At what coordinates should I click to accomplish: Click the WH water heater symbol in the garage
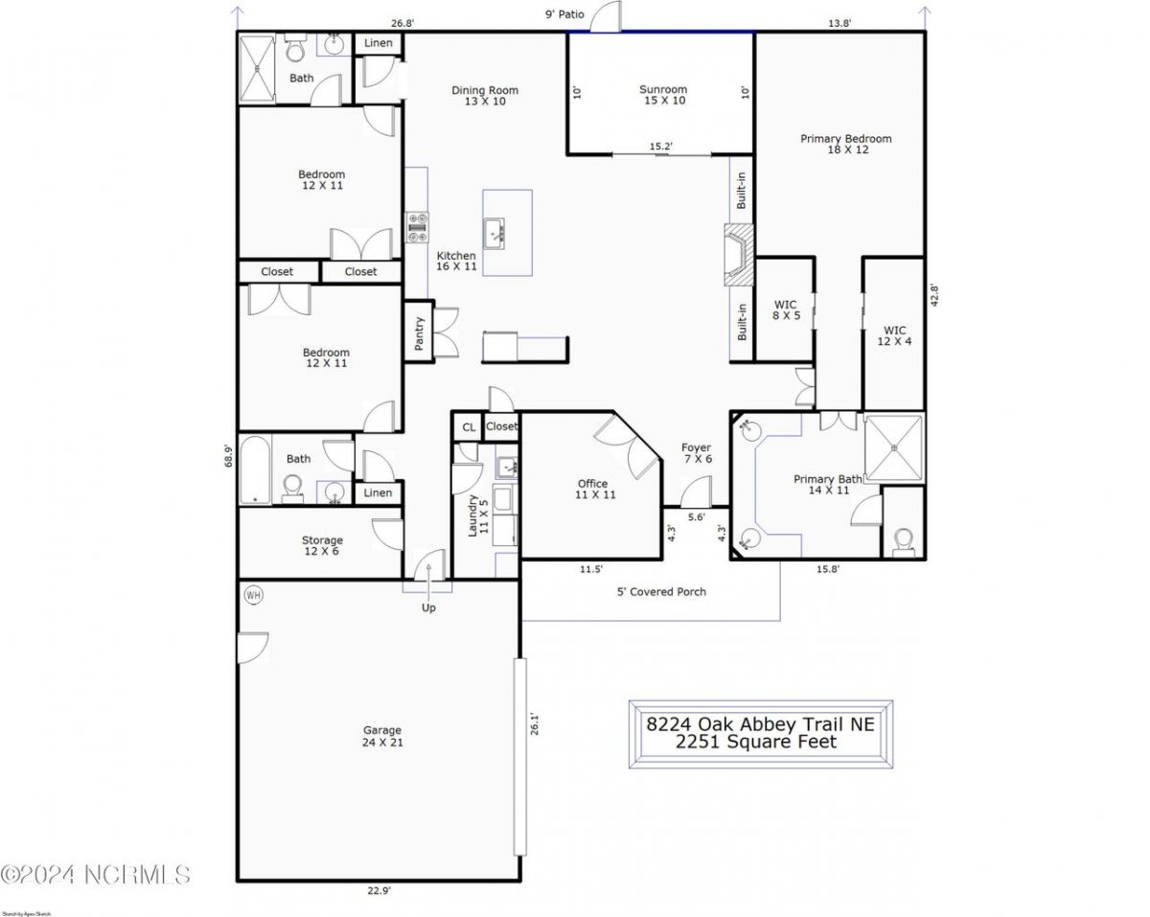(x=253, y=595)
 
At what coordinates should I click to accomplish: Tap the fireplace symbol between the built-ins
(x=739, y=255)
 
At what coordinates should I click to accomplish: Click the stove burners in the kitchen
(x=418, y=227)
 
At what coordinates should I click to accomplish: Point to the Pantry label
(x=419, y=332)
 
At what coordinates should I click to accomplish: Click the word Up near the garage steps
(x=428, y=608)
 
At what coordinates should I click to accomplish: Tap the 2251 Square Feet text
(x=756, y=742)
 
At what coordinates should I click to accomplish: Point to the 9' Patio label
(x=563, y=15)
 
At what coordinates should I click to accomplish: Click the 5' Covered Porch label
(x=661, y=592)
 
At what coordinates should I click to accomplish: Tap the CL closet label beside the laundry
(x=469, y=427)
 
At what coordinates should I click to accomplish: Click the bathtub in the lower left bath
(x=255, y=470)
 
